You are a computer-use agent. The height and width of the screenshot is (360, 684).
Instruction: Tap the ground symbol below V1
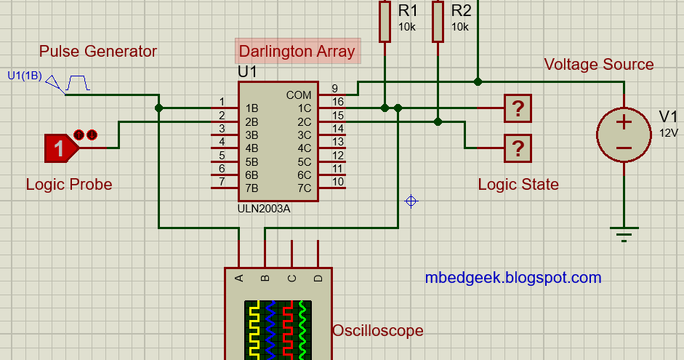tap(623, 234)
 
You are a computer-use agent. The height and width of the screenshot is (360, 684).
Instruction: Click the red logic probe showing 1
tap(60, 148)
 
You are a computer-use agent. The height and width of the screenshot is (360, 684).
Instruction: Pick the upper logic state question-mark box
tap(518, 108)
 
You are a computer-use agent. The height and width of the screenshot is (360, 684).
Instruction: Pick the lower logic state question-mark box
tap(518, 148)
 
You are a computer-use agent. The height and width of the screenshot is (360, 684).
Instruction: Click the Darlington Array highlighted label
tap(297, 51)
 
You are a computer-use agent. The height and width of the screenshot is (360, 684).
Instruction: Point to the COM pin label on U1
tap(298, 95)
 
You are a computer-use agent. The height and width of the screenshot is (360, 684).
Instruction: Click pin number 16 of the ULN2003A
tap(337, 101)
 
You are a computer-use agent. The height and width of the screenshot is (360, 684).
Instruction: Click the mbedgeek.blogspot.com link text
tap(512, 277)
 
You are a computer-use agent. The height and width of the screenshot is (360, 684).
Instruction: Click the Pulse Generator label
tap(98, 51)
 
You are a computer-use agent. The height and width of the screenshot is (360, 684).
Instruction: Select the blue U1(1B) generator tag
tap(24, 75)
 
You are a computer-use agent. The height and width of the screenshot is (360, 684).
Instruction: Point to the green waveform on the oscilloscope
tap(304, 329)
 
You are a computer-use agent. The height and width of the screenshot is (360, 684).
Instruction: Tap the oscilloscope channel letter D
tap(317, 278)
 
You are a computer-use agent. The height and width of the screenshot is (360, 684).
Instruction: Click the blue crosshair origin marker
tap(411, 201)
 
